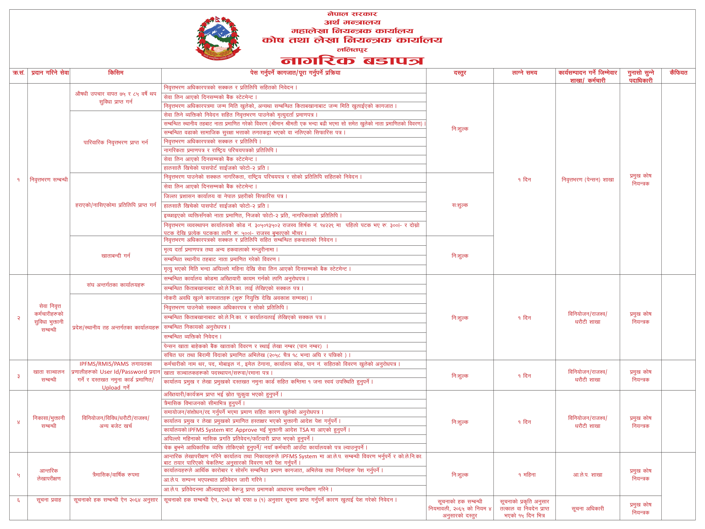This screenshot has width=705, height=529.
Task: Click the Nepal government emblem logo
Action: [x=218, y=38]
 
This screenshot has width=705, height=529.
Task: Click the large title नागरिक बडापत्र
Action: [x=352, y=61]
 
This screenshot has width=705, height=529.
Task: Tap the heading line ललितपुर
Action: [x=352, y=50]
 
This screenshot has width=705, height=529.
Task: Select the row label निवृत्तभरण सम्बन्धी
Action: [x=49, y=180]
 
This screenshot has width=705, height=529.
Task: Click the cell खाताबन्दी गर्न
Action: [x=116, y=255]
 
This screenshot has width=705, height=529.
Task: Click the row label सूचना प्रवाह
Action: [x=49, y=500]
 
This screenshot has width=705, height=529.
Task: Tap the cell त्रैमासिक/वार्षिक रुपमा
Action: [x=116, y=475]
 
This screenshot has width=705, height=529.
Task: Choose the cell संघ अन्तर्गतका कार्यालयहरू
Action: [x=116, y=285]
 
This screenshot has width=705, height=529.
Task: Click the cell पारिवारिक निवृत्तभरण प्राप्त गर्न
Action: [x=116, y=142]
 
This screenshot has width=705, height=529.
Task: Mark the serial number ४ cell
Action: [x=19, y=422]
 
